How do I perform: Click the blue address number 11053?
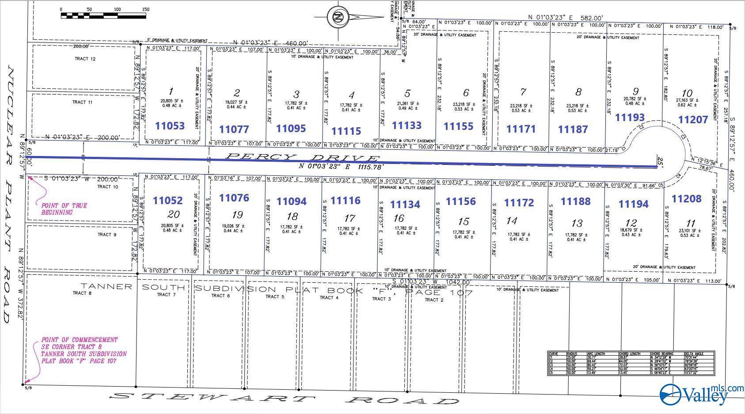(170, 126)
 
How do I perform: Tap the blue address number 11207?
(693, 119)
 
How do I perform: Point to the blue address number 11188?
(575, 201)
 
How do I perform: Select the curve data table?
(631, 363)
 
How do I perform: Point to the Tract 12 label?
(85, 59)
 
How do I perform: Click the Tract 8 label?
(82, 293)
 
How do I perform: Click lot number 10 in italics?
(687, 93)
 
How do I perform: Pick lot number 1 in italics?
(171, 92)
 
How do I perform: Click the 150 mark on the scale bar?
(145, 9)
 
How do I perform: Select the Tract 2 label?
(434, 300)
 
